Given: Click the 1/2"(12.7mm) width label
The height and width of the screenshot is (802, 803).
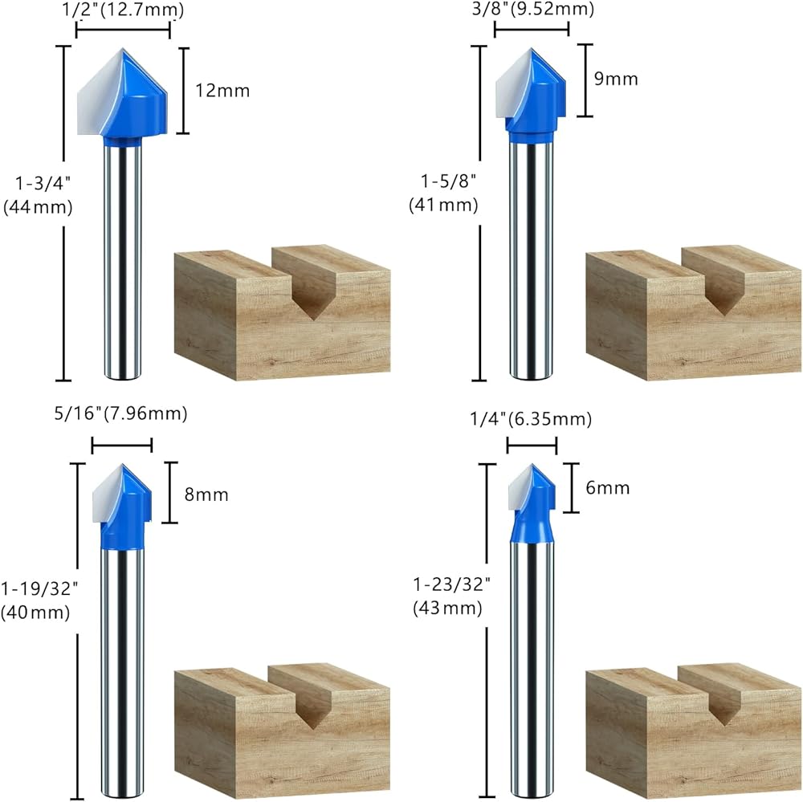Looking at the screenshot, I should point(124,10).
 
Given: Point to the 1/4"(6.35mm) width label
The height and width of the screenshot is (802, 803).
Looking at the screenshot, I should point(531,419).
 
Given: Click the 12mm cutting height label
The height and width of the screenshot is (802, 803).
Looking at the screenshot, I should point(222,90).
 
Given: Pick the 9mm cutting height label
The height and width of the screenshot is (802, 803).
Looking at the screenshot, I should point(617,79).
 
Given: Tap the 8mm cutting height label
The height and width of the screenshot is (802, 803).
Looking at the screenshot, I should point(206,495).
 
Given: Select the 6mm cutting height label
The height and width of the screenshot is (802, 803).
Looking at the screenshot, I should point(608,488).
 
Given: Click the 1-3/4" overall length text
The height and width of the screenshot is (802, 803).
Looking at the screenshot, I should point(38,182).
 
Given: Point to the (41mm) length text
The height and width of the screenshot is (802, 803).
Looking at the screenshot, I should point(444,205).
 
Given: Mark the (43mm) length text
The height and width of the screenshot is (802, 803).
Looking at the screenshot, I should point(447,609).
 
